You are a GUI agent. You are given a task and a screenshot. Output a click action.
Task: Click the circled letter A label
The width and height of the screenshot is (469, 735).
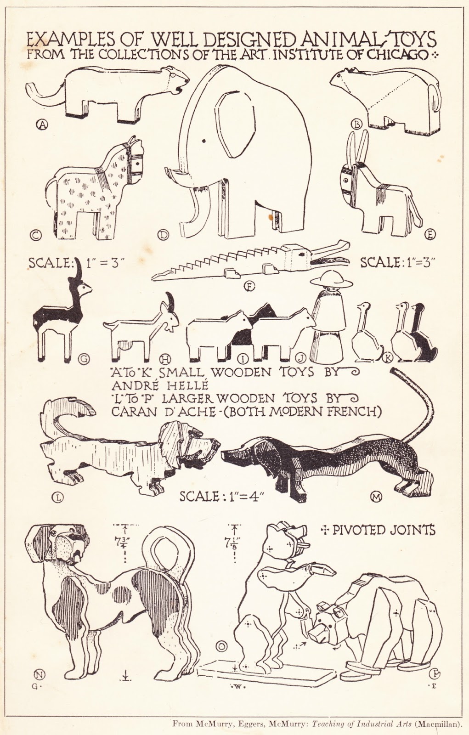tap(43, 124)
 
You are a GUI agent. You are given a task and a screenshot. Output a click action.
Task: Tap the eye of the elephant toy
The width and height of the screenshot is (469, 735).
tap(204, 141)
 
